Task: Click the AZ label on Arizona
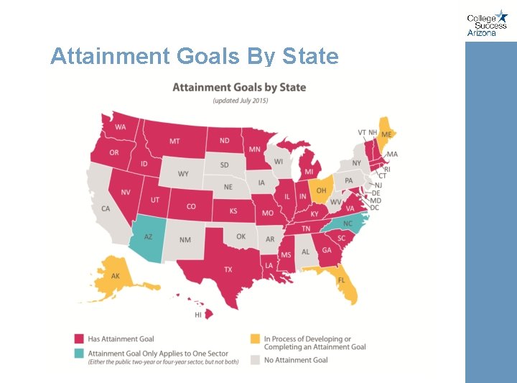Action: tap(148, 236)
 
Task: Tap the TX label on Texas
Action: tap(228, 269)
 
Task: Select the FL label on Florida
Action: tap(342, 280)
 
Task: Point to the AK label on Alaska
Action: tap(115, 276)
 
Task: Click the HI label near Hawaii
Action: tap(198, 315)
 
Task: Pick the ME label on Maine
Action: tap(386, 134)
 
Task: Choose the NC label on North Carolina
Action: tap(348, 223)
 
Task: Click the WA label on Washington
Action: tap(120, 127)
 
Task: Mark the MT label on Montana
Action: tap(174, 141)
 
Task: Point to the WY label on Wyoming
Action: tap(183, 174)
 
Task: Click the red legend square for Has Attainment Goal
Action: tap(79, 338)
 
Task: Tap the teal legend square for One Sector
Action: tap(79, 353)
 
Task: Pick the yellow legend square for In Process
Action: tap(255, 338)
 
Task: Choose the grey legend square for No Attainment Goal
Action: tap(255, 360)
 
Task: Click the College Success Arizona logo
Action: tap(487, 23)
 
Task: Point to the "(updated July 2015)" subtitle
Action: tap(240, 101)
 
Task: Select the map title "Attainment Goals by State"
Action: tap(239, 88)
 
